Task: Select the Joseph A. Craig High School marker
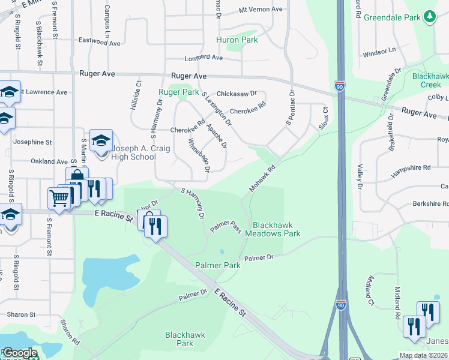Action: coord(101,140)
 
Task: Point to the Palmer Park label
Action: coord(217,265)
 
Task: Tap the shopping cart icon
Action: coord(59,197)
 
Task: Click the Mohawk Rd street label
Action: coord(262,179)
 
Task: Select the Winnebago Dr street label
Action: coord(199,155)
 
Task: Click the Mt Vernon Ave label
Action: coord(260,10)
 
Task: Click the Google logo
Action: coord(20,353)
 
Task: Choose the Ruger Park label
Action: coord(178,92)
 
